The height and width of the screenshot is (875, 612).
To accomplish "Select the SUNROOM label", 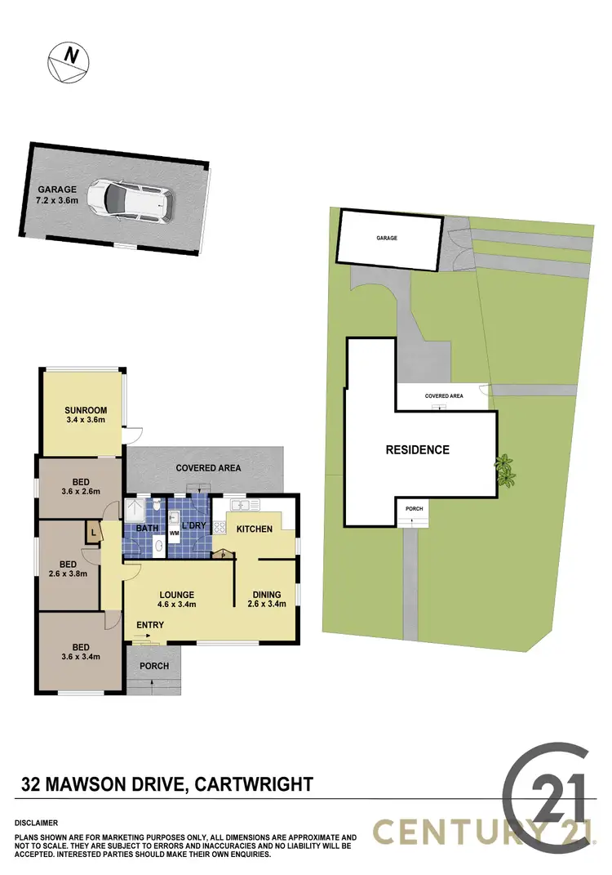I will tap(86, 410).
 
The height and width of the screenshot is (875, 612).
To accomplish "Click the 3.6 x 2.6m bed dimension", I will tap(79, 492).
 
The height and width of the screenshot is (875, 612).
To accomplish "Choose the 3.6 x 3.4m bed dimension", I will tap(79, 655).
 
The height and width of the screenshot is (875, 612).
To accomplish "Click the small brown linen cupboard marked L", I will tap(95, 533).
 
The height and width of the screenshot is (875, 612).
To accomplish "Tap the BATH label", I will tap(146, 529).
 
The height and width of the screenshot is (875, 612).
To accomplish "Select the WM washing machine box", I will tap(173, 534).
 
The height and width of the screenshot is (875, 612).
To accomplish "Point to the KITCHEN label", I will tap(254, 529).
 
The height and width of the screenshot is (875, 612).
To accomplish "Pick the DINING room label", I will tap(266, 594).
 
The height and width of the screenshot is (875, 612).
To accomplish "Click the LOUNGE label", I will tap(176, 594).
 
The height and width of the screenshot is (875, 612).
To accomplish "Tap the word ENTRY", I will tap(150, 625).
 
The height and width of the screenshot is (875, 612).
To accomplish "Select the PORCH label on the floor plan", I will tap(154, 666).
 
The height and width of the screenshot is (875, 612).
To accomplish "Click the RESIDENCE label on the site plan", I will tap(418, 449).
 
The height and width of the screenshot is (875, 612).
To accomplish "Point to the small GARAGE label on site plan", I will tap(386, 238).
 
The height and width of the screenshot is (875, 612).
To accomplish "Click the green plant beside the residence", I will tap(506, 470).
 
